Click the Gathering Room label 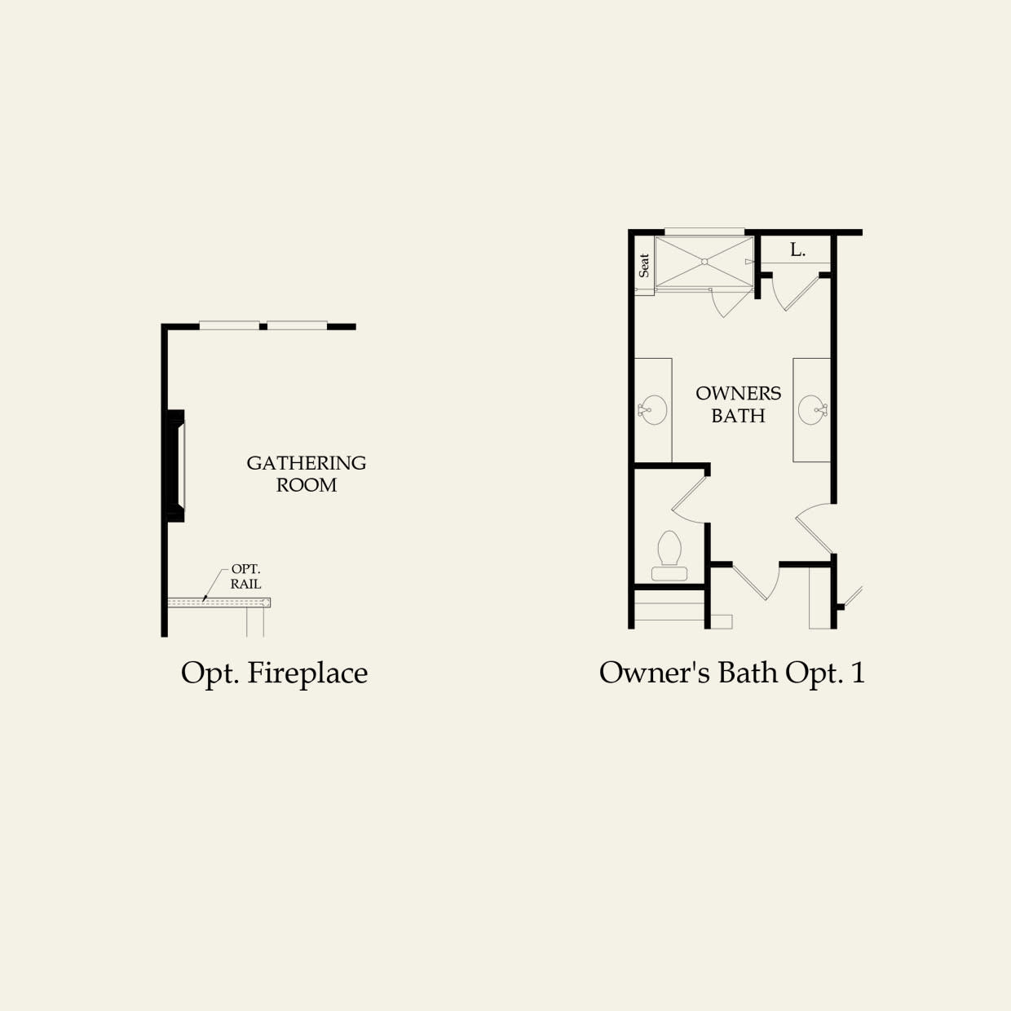pyautogui.click(x=307, y=474)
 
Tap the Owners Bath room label pyautogui.click(x=738, y=404)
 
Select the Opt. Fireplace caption pyautogui.click(x=275, y=673)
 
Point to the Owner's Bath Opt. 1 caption pyautogui.click(x=732, y=673)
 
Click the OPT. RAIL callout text pyautogui.click(x=245, y=576)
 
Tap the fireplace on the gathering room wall pyautogui.click(x=176, y=466)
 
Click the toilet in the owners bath pyautogui.click(x=669, y=555)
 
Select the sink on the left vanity pyautogui.click(x=652, y=410)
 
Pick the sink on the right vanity pyautogui.click(x=813, y=410)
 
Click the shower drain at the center pyautogui.click(x=704, y=262)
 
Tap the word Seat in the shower pyautogui.click(x=644, y=266)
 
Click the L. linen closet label pyautogui.click(x=797, y=250)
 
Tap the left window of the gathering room pyautogui.click(x=229, y=325)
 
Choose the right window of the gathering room pyautogui.click(x=298, y=325)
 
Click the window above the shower pyautogui.click(x=704, y=232)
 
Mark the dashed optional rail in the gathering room pyautogui.click(x=219, y=603)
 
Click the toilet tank pyautogui.click(x=669, y=573)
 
